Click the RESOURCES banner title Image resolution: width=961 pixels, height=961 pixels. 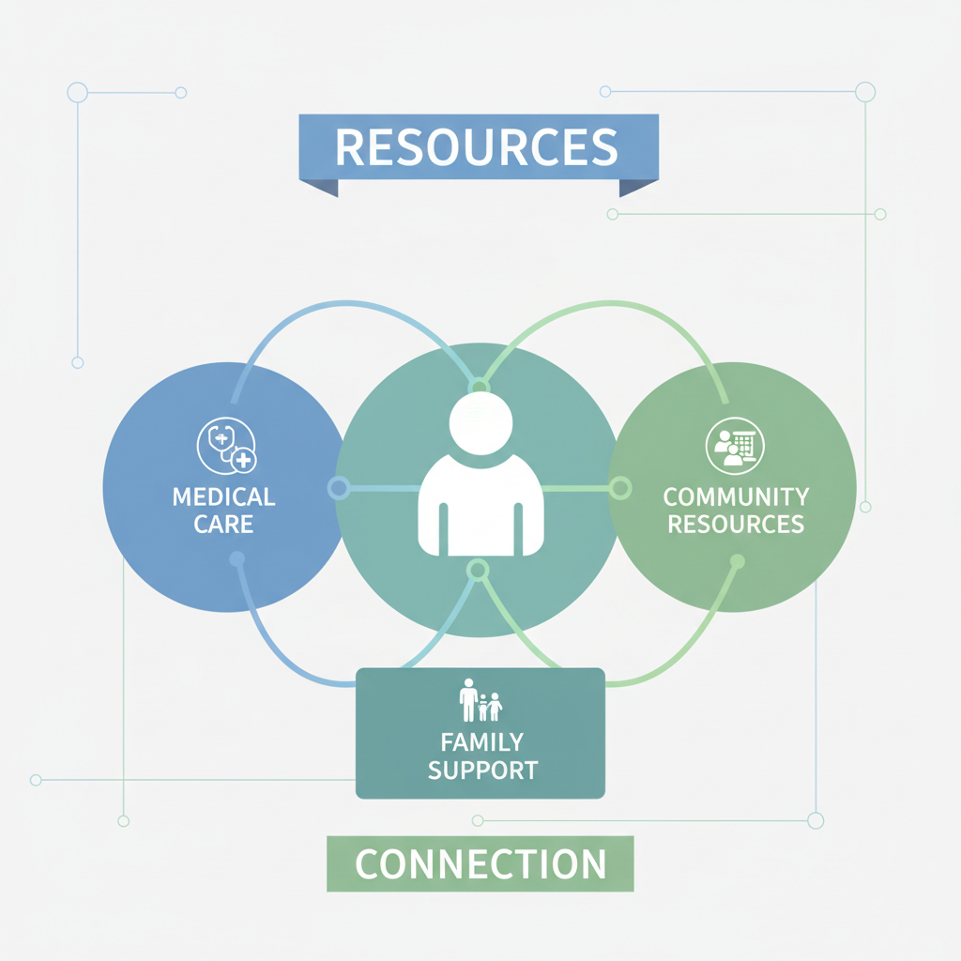(477, 148)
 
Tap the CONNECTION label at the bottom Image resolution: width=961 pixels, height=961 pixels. (480, 863)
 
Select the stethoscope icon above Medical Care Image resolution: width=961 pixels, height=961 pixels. (226, 446)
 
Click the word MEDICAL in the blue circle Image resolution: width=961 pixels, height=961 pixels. (223, 496)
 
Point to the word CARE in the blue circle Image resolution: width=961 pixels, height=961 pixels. (223, 523)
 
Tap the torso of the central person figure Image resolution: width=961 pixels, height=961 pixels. (480, 507)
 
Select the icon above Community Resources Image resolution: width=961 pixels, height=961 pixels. (735, 446)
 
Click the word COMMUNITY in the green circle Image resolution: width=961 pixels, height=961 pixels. (735, 496)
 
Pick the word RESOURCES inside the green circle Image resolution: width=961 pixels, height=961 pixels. (735, 524)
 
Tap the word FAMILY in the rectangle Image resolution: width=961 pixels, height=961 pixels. (481, 743)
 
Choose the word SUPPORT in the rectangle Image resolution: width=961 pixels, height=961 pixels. (482, 770)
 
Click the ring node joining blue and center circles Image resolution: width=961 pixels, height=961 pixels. (339, 488)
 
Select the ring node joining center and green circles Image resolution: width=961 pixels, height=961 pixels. (620, 488)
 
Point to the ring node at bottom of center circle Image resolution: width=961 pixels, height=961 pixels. (478, 569)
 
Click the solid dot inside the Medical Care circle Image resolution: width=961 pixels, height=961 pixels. (236, 559)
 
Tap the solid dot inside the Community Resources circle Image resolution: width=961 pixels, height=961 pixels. (737, 561)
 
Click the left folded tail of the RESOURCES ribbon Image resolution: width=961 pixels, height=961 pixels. (319, 188)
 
